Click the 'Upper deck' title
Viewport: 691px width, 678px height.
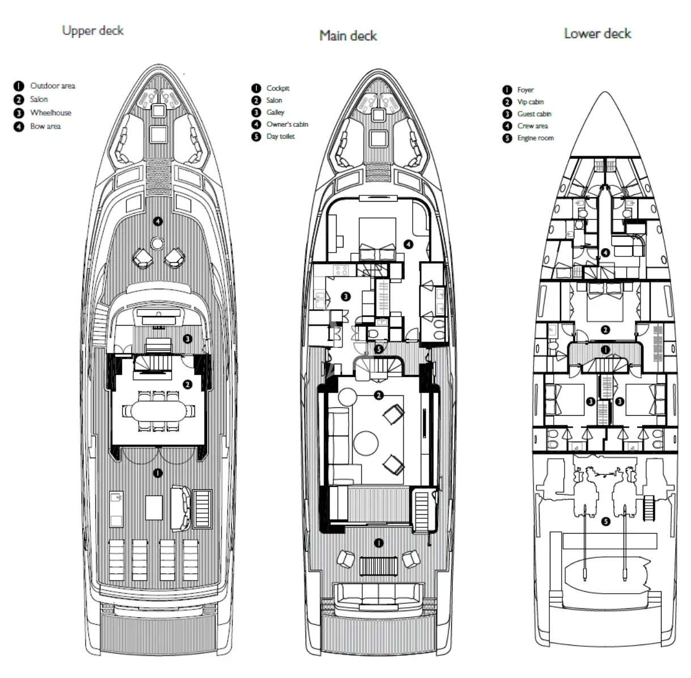point(93,31)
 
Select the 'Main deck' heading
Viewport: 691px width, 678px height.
point(348,36)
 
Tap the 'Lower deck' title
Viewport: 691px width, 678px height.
point(597,33)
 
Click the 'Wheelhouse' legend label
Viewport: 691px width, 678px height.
point(50,113)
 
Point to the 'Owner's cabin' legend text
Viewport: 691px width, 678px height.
point(287,125)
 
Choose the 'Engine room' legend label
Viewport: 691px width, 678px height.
point(535,138)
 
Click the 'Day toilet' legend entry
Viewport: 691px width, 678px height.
point(281,137)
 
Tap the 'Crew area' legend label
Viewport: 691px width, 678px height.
point(532,126)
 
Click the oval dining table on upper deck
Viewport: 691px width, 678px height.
point(158,411)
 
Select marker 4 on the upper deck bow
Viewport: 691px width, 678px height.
point(158,221)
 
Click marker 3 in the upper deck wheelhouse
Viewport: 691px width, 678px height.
point(187,339)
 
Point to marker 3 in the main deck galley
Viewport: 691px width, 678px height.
point(346,296)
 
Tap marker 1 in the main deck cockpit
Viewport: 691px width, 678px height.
point(379,543)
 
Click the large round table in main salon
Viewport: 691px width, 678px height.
point(366,444)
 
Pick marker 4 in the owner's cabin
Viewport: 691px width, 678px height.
point(409,244)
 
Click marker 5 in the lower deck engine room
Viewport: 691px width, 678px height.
point(605,522)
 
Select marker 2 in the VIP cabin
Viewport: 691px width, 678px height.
point(605,330)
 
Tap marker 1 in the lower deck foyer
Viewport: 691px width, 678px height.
point(605,349)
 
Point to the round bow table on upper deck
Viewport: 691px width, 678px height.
point(156,244)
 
